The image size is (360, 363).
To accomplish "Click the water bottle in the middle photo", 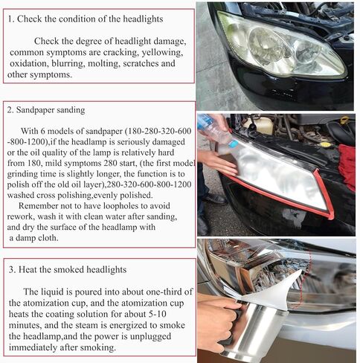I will [x=218, y=131].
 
